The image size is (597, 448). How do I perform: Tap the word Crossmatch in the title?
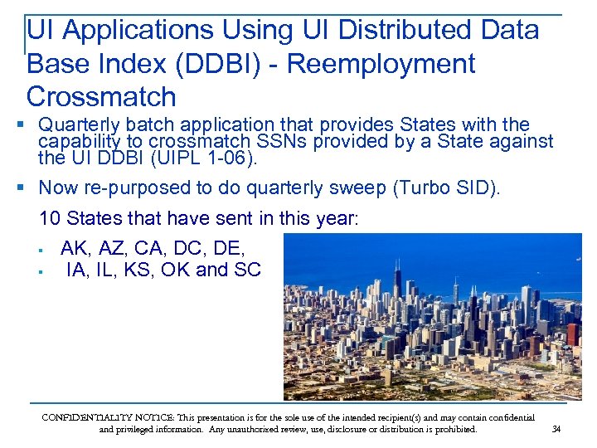(x=101, y=97)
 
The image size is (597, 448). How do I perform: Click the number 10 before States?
(x=50, y=219)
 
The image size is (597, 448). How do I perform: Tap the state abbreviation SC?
(x=247, y=270)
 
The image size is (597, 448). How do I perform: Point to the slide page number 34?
(x=556, y=429)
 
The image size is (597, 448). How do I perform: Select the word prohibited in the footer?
(x=454, y=430)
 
